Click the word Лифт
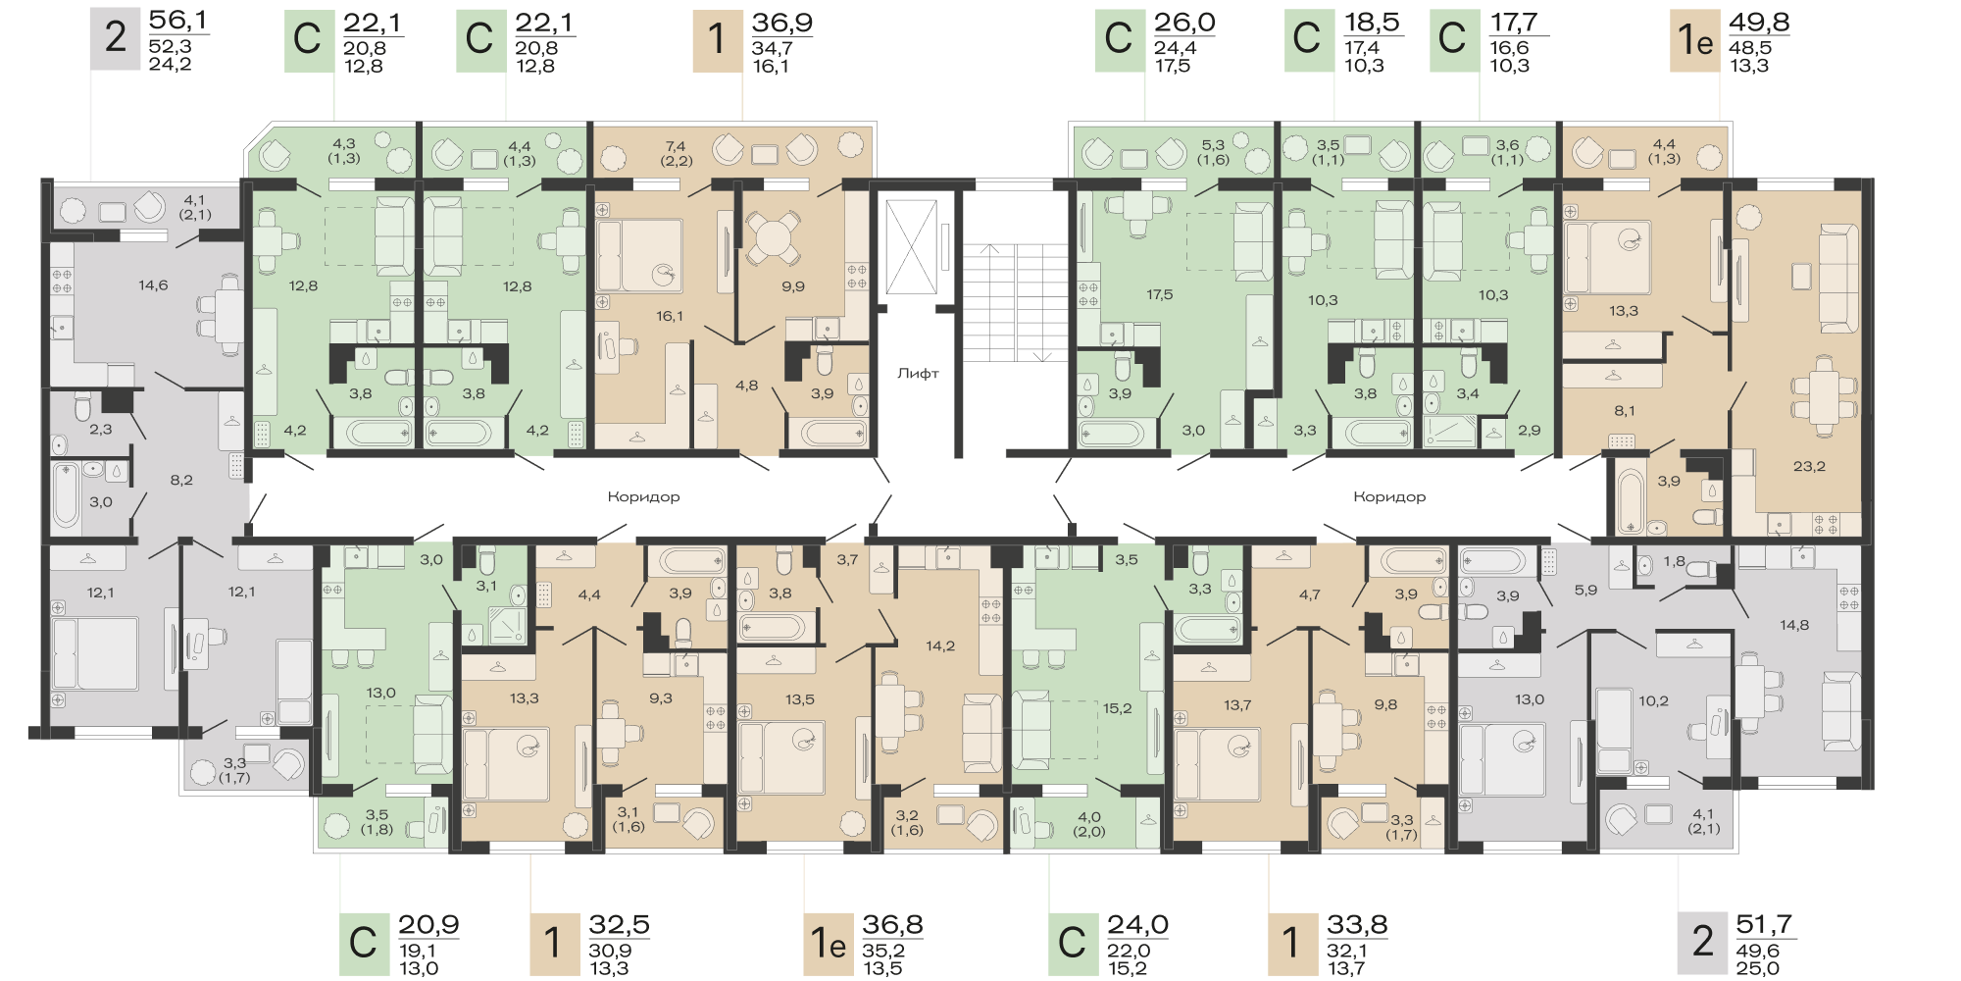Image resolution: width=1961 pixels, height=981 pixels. pyautogui.click(x=918, y=374)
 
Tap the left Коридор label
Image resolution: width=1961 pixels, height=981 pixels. pyautogui.click(x=643, y=496)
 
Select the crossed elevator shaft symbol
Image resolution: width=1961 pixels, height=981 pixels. pyautogui.click(x=911, y=247)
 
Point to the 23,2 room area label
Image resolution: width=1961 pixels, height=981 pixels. pyautogui.click(x=1809, y=467)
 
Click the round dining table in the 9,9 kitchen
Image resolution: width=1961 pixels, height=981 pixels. pyautogui.click(x=773, y=238)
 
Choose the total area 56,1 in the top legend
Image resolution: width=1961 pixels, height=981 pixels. pyautogui.click(x=178, y=21)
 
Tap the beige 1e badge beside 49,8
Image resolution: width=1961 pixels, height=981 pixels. pyautogui.click(x=1695, y=39)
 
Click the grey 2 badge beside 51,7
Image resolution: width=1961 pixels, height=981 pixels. pyautogui.click(x=1703, y=942)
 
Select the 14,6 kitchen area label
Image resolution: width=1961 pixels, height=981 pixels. pyautogui.click(x=153, y=285)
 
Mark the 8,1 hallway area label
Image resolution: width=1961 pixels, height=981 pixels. pyautogui.click(x=1624, y=411)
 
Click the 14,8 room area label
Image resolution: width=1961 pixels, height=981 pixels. pyautogui.click(x=1794, y=625)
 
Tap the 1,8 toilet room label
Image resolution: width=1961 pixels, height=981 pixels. pyautogui.click(x=1674, y=562)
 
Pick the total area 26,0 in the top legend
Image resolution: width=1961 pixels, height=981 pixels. pyautogui.click(x=1184, y=22)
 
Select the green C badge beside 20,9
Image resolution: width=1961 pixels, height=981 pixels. pyautogui.click(x=363, y=943)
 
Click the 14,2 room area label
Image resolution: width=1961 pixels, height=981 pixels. pyautogui.click(x=940, y=645)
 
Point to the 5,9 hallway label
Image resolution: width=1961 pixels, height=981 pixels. pyautogui.click(x=1585, y=591)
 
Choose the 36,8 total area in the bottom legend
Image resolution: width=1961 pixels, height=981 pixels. pyautogui.click(x=892, y=924)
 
